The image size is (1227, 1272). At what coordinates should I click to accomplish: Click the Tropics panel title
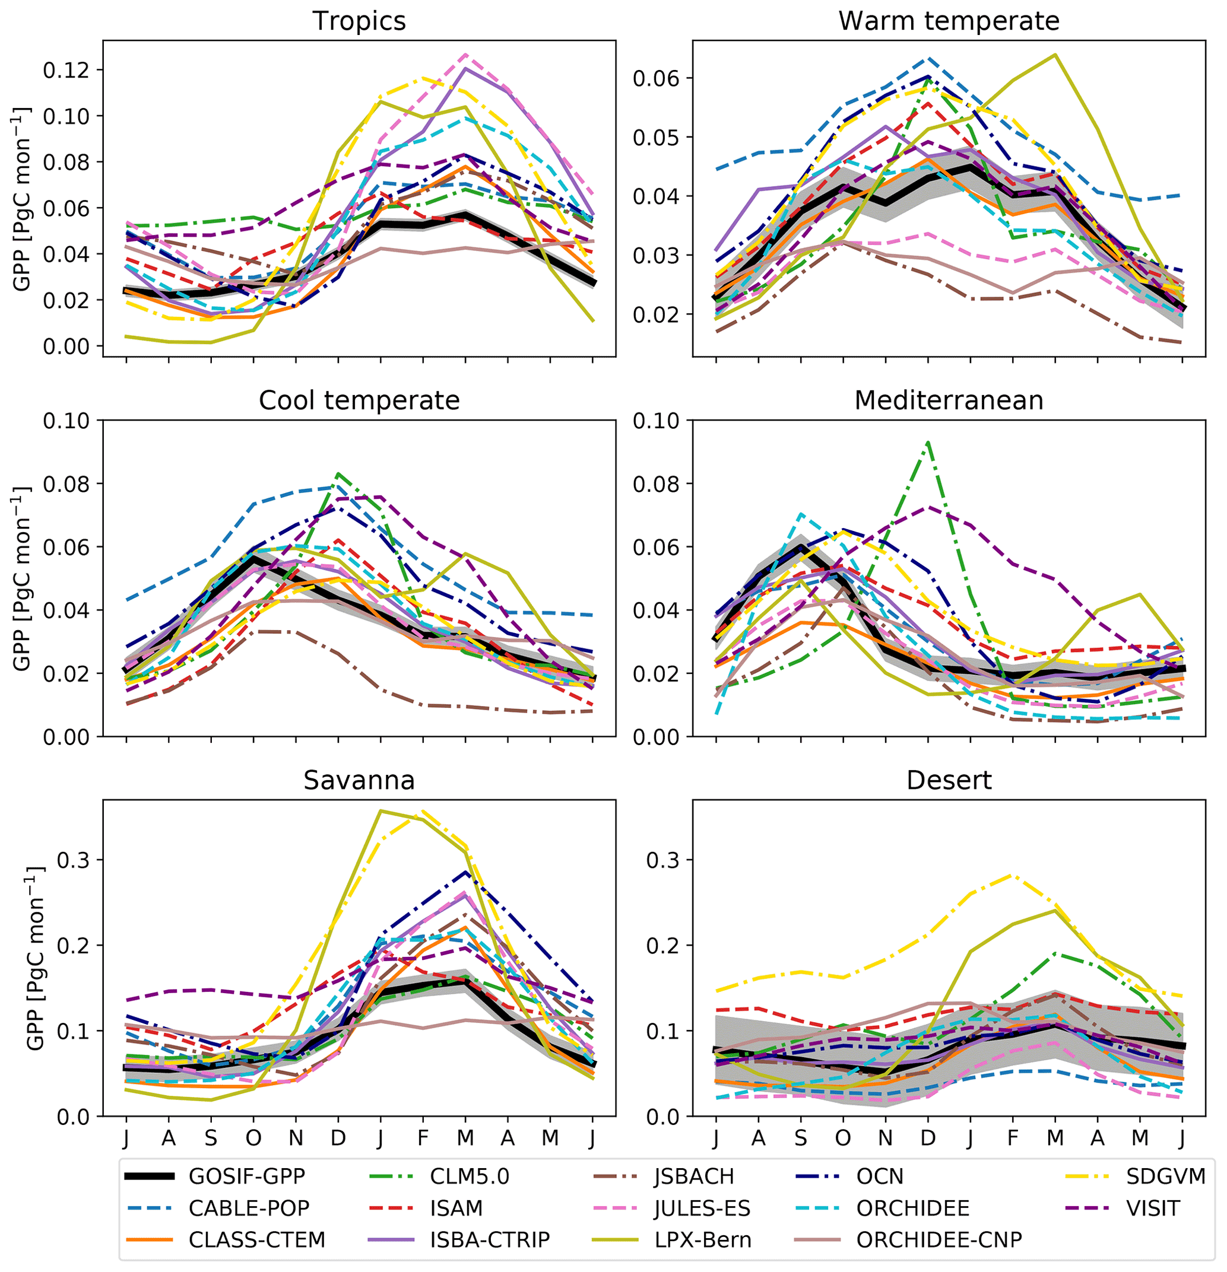coord(359,21)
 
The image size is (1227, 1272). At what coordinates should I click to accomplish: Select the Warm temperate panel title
coord(949,21)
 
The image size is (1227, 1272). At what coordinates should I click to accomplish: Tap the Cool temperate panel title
coord(359,400)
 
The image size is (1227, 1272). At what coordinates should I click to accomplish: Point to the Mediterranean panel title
coord(949,400)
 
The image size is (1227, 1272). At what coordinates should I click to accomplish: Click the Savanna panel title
coord(359,780)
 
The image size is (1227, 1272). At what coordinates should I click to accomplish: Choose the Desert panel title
coord(949,780)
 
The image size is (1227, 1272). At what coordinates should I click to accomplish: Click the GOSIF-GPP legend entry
coord(247,1176)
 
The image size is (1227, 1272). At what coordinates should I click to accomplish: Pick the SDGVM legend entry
coord(1165,1176)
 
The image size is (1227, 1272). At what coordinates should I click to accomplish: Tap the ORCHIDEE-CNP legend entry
coord(939,1239)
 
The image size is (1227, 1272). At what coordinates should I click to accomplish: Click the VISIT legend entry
coord(1153,1208)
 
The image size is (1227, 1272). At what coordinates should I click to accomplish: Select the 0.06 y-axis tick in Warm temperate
coord(656,78)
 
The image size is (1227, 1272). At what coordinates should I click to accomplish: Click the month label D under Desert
coord(928,1137)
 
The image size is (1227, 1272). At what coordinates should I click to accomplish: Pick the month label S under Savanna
coord(210,1137)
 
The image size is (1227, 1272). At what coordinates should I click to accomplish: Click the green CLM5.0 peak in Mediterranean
coord(928,443)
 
